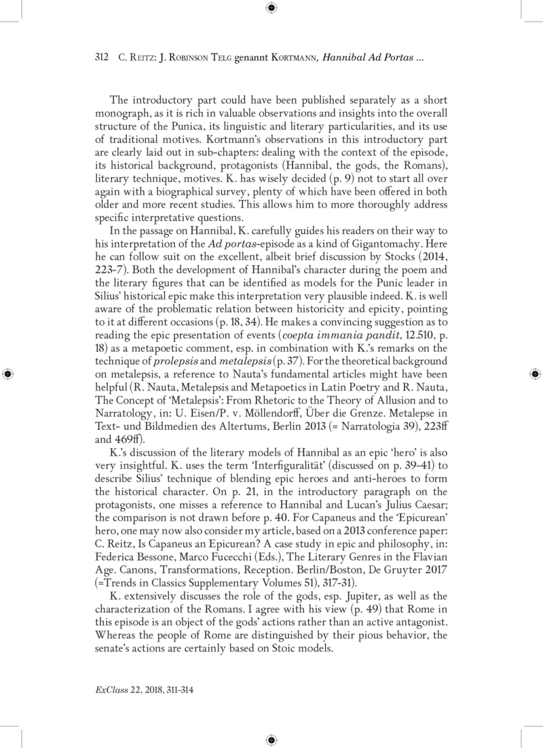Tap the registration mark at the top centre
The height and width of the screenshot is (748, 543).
point(271,8)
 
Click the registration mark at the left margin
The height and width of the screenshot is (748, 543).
point(7,374)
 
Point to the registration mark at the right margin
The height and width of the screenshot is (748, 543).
point(535,374)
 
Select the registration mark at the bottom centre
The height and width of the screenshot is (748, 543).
point(271,739)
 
